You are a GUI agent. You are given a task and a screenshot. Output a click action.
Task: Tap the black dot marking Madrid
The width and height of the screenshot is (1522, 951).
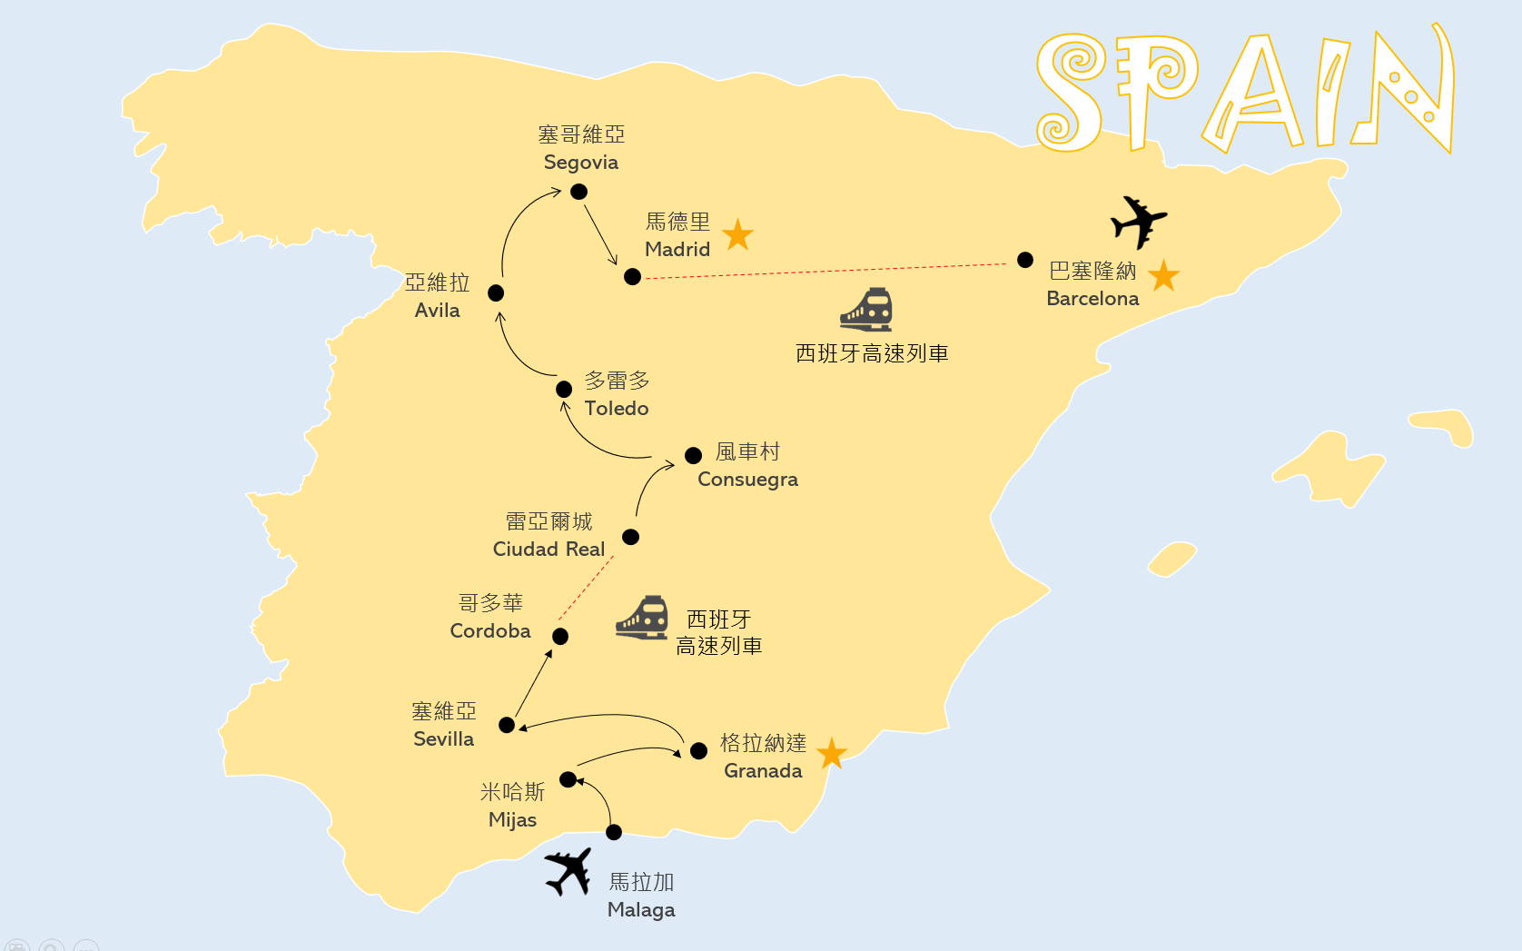point(633,277)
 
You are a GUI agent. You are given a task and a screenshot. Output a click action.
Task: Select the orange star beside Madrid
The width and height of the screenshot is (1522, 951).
point(738,234)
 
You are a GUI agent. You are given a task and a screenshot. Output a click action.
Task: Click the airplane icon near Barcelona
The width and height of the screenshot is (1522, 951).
point(1138,222)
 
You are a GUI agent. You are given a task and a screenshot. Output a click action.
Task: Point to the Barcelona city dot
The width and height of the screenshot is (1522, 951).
point(1025,260)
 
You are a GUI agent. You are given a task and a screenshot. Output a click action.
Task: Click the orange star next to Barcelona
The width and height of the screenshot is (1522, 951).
point(1164,275)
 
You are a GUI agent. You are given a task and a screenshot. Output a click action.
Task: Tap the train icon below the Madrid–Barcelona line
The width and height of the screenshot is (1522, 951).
point(866,310)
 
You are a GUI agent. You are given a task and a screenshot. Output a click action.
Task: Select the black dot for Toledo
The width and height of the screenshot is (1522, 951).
point(564,389)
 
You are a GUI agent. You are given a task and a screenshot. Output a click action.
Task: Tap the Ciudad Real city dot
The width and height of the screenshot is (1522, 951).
point(630,537)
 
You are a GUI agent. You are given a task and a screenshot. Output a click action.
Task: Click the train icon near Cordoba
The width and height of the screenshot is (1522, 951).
point(642,618)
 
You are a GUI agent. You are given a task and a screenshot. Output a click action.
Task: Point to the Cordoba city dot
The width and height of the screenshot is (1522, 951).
point(560,636)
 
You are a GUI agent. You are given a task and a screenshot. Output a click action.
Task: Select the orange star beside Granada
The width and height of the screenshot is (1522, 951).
point(832,753)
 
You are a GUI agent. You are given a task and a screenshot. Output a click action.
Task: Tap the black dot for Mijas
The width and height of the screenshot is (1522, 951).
point(568,779)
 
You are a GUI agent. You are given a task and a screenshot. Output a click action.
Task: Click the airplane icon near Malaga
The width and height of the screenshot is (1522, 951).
point(568,871)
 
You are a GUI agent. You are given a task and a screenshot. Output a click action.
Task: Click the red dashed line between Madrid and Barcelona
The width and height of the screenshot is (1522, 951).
point(825,271)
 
